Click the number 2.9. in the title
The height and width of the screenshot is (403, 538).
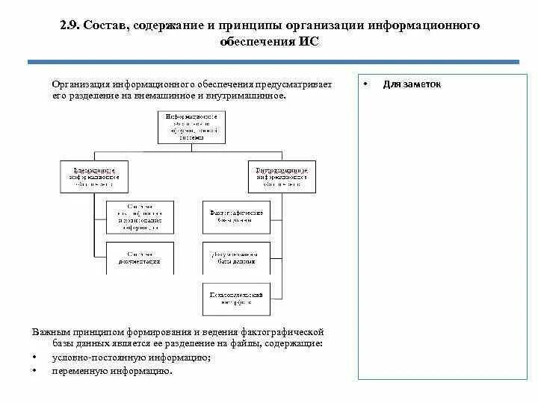[72, 25]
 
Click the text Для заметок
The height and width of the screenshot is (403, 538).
[412, 84]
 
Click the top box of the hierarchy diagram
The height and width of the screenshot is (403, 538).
[191, 127]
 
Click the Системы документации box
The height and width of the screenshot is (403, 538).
[140, 257]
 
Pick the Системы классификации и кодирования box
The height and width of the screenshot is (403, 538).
[140, 216]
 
